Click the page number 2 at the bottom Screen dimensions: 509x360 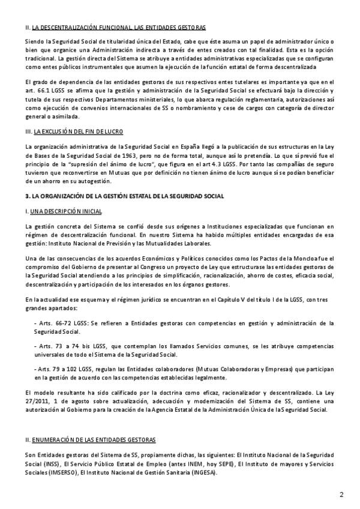341,495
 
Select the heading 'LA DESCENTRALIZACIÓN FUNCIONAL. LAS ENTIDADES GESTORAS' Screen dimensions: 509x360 119,28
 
